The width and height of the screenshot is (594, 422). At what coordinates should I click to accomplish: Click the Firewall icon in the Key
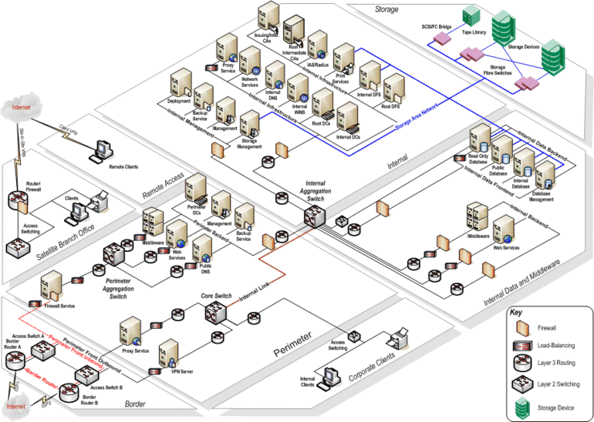[523, 327]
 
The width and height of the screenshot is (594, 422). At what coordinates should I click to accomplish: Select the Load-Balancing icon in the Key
[523, 346]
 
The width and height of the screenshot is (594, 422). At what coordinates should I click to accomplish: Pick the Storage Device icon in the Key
[523, 407]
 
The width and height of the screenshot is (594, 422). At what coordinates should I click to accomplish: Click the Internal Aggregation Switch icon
[314, 213]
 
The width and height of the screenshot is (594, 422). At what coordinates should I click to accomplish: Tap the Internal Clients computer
[330, 373]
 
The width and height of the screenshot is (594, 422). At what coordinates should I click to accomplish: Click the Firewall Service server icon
[52, 284]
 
